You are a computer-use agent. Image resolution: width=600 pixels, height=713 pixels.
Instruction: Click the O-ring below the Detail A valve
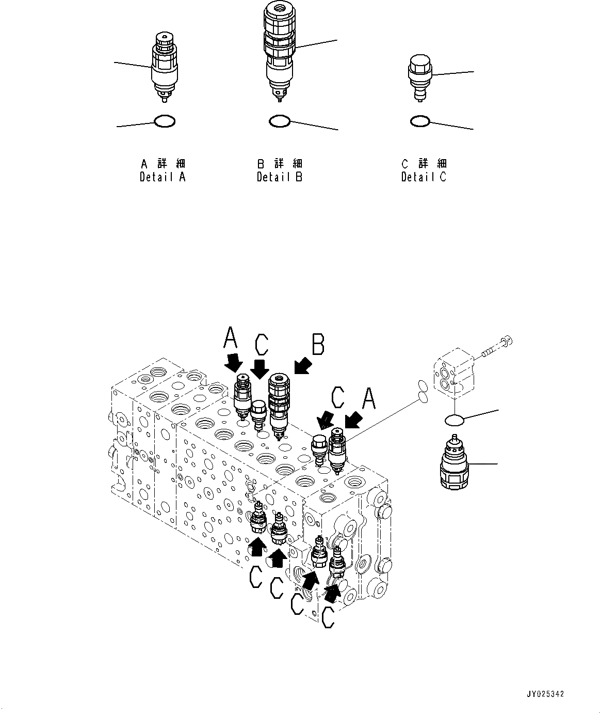click(x=165, y=122)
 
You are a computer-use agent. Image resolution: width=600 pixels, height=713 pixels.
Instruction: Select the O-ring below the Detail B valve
click(x=279, y=121)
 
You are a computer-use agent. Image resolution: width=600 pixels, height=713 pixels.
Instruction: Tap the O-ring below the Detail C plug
click(x=420, y=121)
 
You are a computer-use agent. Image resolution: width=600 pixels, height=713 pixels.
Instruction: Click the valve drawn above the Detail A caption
click(x=165, y=68)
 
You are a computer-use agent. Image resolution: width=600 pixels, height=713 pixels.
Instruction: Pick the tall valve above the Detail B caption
click(x=279, y=49)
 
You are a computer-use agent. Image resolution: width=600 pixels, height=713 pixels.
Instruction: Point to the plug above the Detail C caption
click(x=420, y=77)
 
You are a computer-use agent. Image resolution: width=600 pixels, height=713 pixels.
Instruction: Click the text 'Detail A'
click(x=163, y=177)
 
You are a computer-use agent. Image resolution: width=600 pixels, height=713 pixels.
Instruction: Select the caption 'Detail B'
click(x=280, y=177)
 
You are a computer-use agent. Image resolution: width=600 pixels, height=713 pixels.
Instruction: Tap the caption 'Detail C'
click(x=424, y=177)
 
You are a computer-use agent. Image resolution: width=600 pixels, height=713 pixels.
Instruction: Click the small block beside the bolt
click(x=453, y=375)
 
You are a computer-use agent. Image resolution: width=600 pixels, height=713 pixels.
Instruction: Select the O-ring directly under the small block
click(x=455, y=420)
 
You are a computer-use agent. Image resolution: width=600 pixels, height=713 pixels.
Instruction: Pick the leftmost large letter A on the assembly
click(x=231, y=340)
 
